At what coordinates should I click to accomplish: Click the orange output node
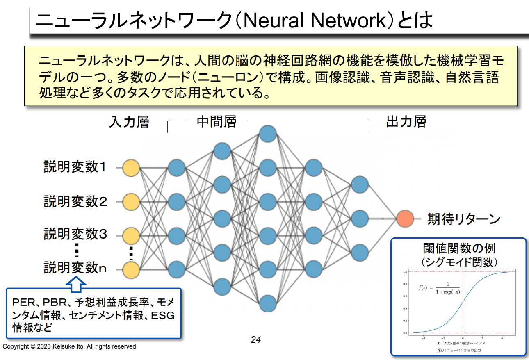[x=405, y=219]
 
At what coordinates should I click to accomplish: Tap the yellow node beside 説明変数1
[x=131, y=168]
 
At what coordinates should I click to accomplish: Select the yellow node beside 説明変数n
[x=131, y=269]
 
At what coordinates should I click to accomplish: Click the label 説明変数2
[x=75, y=201]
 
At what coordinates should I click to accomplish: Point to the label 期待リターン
[x=464, y=219]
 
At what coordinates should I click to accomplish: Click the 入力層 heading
[x=129, y=122]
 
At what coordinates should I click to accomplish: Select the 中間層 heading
[x=217, y=122]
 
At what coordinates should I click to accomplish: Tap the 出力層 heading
[x=406, y=122]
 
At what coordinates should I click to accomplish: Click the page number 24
[x=256, y=339]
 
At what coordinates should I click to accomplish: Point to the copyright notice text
[x=69, y=346]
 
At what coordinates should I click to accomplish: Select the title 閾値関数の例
[x=459, y=248]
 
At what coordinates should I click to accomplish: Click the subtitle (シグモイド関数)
[x=459, y=261]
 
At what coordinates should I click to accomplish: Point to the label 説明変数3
[x=75, y=234]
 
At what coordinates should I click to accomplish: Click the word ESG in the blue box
[x=163, y=315]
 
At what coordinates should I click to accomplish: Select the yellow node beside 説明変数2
[x=131, y=202]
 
